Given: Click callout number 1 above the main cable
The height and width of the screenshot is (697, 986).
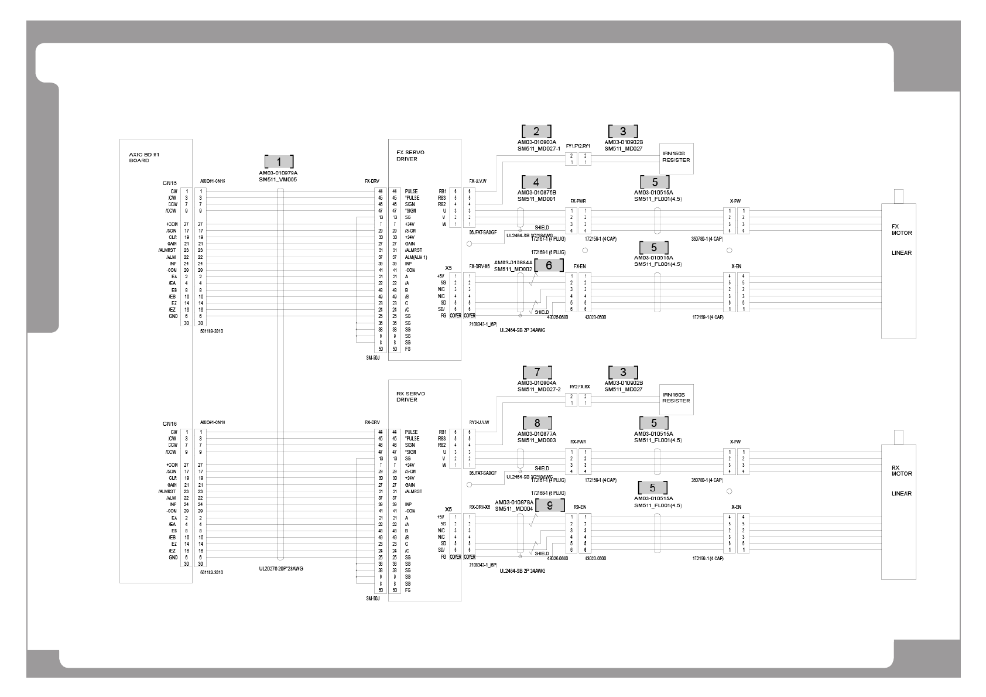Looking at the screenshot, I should [279, 162].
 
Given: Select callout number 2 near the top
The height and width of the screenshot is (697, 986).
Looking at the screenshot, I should [536, 131].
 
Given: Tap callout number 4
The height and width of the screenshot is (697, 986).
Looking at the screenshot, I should [536, 182].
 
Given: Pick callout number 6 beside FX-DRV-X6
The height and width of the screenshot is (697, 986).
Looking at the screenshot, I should [549, 265].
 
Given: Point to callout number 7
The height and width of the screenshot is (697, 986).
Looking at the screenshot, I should [536, 372].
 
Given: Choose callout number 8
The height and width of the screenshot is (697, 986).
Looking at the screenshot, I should [536, 423].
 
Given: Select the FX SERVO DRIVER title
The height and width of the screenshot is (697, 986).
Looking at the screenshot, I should [410, 155].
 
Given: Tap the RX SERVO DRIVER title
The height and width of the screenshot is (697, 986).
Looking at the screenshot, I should [410, 397].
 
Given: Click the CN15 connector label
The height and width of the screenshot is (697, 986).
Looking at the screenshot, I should [170, 183].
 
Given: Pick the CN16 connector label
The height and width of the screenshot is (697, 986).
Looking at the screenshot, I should [170, 423].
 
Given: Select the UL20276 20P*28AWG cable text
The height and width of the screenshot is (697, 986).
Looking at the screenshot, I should [281, 568].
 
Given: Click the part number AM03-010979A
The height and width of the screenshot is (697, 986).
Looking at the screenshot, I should [278, 173].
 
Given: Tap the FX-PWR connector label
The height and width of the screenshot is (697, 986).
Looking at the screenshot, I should [578, 201].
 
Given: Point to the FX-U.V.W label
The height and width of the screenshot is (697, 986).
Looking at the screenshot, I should [478, 181].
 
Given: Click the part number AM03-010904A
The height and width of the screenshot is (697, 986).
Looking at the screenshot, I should [536, 383].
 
